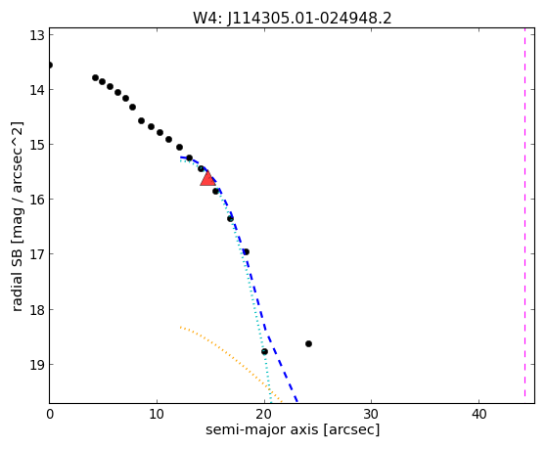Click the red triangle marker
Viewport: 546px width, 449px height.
[207, 178]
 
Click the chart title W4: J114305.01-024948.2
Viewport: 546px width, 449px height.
[293, 18]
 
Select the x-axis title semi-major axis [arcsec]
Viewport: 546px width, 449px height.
[293, 429]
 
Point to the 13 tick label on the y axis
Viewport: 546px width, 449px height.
[36, 35]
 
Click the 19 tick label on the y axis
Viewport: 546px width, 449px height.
[36, 365]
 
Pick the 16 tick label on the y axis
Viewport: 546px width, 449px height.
[36, 200]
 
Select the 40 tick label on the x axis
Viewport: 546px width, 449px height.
[478, 414]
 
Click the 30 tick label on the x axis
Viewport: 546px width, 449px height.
[371, 414]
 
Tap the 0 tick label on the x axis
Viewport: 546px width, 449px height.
[50, 414]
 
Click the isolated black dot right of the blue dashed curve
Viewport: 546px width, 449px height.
[308, 344]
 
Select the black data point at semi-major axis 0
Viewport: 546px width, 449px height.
[50, 66]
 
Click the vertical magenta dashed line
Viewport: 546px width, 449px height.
[524, 212]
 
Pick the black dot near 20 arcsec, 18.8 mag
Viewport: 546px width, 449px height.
[264, 351]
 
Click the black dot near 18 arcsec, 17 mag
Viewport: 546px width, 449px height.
[246, 251]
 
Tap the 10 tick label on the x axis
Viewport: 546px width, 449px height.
[157, 414]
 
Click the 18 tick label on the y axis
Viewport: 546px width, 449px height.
[36, 310]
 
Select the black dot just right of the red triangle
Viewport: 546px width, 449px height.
[216, 191]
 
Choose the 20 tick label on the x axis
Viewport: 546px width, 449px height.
[264, 414]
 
